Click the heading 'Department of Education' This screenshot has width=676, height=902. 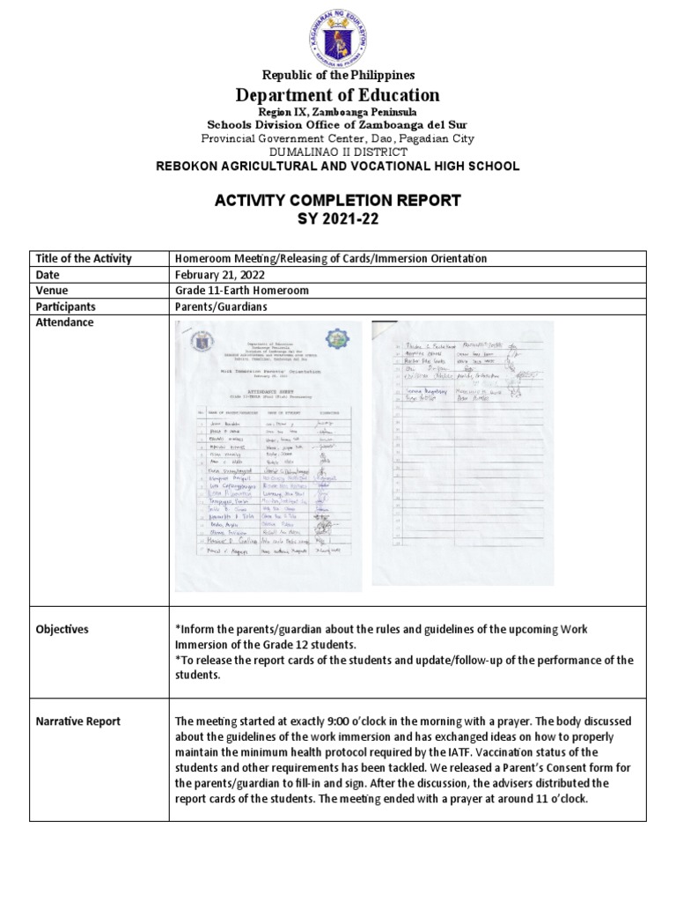pyautogui.click(x=338, y=95)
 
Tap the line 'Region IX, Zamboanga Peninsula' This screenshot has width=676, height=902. pyautogui.click(x=338, y=112)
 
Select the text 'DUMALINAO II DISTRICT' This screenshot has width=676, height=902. pyautogui.click(x=338, y=152)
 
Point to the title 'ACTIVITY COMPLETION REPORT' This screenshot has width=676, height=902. pyautogui.click(x=338, y=201)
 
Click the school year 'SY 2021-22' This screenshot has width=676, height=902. pyautogui.click(x=338, y=219)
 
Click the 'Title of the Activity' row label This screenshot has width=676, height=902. pyautogui.click(x=84, y=259)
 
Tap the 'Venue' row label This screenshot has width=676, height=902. pyautogui.click(x=52, y=291)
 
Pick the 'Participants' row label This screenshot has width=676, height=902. pyautogui.click(x=66, y=307)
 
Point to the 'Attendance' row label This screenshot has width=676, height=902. pyautogui.click(x=64, y=323)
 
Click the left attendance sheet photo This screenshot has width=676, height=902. pyautogui.click(x=268, y=456)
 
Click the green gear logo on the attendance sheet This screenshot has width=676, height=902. pyautogui.click(x=336, y=339)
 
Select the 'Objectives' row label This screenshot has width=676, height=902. pyautogui.click(x=62, y=630)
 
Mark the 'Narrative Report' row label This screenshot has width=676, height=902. pyautogui.click(x=78, y=721)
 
